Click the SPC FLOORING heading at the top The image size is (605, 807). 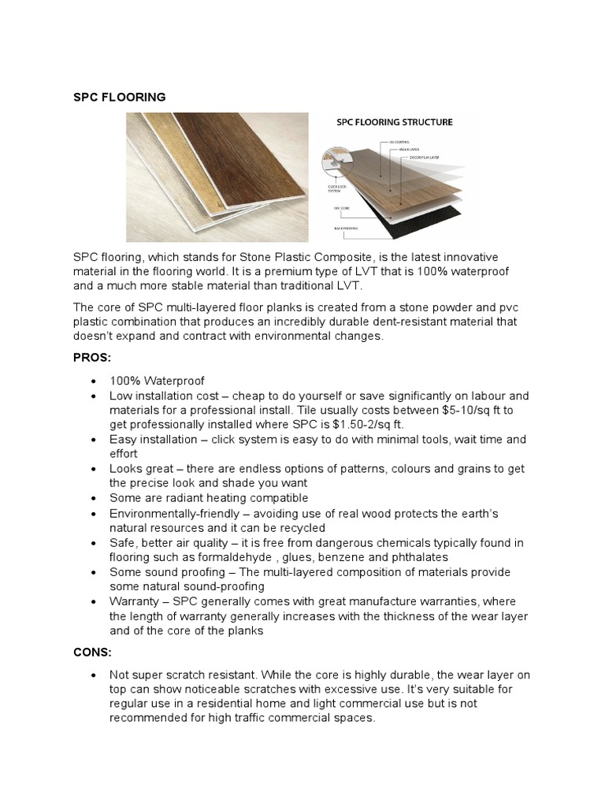[119, 97]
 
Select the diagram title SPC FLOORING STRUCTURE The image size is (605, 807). [394, 122]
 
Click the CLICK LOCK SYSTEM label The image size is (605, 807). [336, 188]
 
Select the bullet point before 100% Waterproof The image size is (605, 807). [95, 381]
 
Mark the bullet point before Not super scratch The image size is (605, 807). [95, 675]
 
